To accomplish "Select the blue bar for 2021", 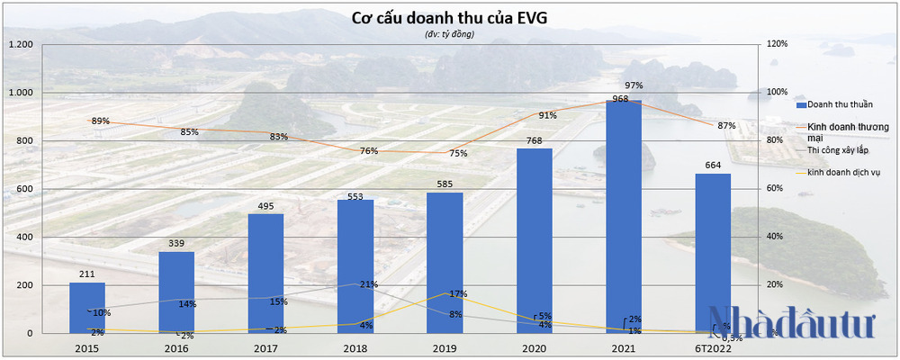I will (624, 216).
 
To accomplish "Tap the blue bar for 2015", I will (87, 308).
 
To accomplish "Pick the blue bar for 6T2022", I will (713, 253).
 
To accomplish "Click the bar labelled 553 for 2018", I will (355, 266).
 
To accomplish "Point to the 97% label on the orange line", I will (634, 85).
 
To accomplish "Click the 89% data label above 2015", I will (100, 121).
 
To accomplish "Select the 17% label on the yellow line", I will (457, 293).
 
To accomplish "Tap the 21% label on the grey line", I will (368, 284).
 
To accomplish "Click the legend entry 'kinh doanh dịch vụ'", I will (843, 171).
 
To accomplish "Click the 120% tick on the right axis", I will (777, 44).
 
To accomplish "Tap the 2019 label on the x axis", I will (445, 346).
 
